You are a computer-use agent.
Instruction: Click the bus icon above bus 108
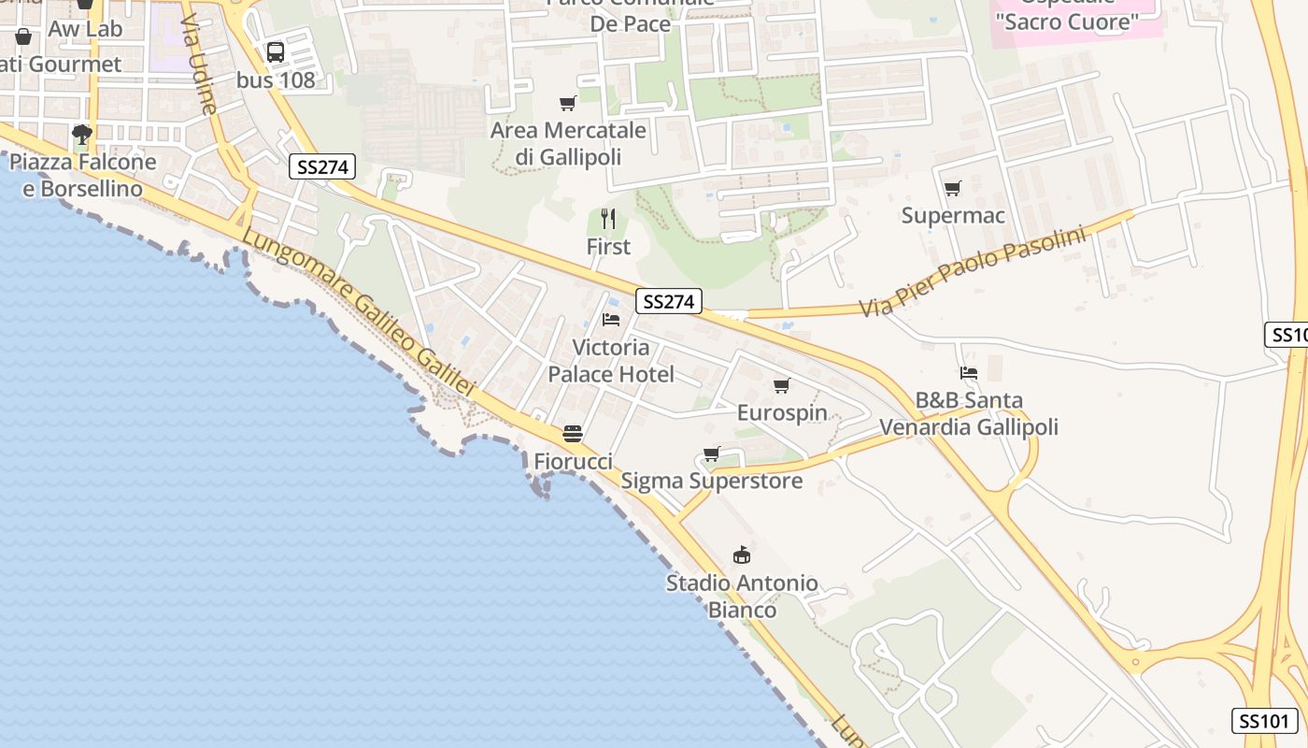[x=276, y=52]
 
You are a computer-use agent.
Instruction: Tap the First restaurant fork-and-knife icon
[x=608, y=219]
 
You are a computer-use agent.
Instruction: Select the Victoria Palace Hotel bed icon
[x=611, y=320]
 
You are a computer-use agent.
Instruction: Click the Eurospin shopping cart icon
[x=782, y=385]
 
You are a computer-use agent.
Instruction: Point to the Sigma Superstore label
[x=712, y=482]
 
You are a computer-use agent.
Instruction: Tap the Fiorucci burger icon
[x=573, y=434]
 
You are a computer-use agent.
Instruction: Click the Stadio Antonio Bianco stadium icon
[x=742, y=555]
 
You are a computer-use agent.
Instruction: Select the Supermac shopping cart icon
[x=953, y=189]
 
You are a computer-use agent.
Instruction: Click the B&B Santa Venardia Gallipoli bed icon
[x=969, y=373]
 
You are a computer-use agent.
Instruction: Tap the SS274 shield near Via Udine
[x=321, y=167]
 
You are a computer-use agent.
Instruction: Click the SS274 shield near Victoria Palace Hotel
[x=669, y=301]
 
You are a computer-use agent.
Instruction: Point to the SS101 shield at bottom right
[x=1264, y=721]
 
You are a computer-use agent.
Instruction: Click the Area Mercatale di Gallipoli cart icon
[x=567, y=103]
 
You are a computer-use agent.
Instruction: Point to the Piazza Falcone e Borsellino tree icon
[x=82, y=135]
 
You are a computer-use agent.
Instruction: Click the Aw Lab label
[x=85, y=29]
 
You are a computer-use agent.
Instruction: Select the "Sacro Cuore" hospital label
[x=1068, y=21]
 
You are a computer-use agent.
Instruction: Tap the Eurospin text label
[x=782, y=412]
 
